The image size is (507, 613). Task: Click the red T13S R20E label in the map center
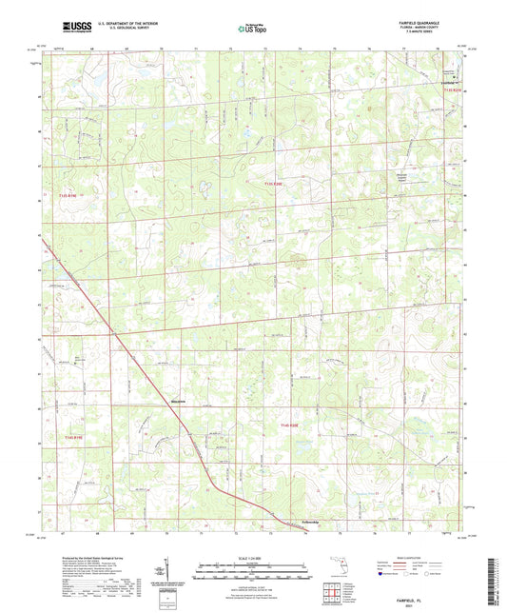(x=274, y=183)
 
